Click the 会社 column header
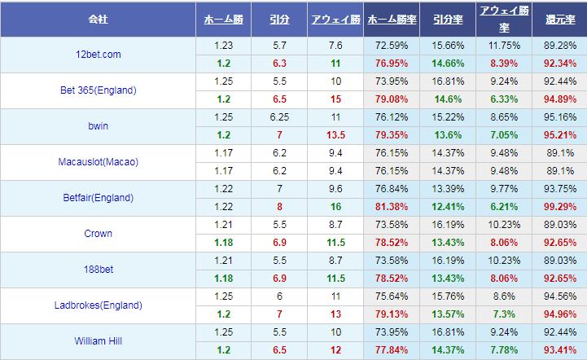98,17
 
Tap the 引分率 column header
447,17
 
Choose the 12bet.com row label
97,55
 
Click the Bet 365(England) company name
97,90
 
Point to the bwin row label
97,126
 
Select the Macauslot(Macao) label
97,162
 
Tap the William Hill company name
97,340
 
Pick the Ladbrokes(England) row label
97,305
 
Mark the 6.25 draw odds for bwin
279,116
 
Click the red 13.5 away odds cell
335,135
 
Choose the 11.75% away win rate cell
503,46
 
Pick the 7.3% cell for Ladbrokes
503,314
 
